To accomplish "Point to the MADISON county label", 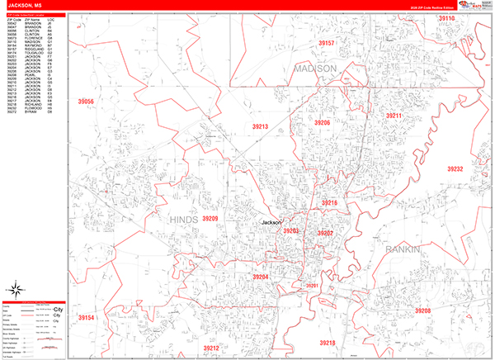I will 314,68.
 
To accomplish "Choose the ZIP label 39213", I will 261,126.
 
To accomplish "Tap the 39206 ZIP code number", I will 322,122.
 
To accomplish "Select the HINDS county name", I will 161,219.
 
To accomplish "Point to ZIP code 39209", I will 210,219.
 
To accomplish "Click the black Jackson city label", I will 271,223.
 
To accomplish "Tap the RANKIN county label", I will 403,249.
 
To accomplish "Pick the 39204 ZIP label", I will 261,277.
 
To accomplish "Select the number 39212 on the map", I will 211,348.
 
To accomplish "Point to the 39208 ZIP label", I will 422,310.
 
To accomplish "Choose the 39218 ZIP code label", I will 328,342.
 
